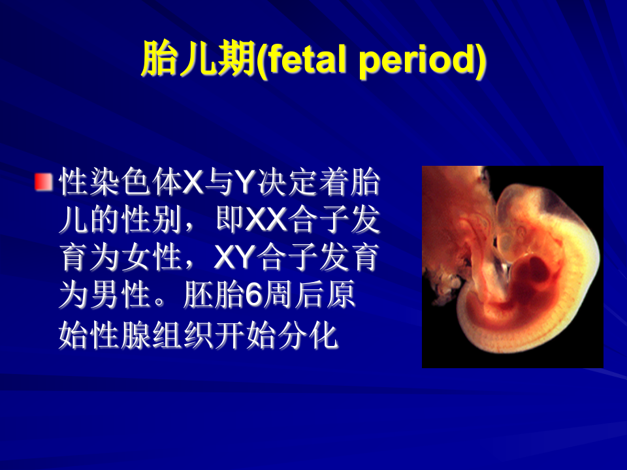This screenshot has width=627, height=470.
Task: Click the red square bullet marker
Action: pyautogui.click(x=44, y=182)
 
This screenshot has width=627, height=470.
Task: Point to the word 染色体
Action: pyautogui.click(x=121, y=184)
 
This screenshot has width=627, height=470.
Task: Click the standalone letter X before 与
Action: pyautogui.click(x=193, y=184)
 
